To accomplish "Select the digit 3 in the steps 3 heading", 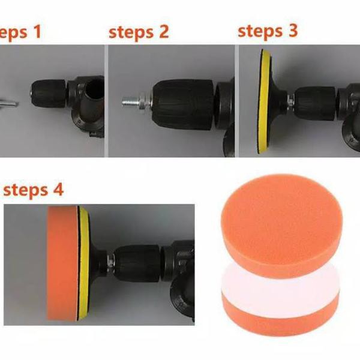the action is [x=293, y=31].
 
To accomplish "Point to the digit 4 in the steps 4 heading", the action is [x=58, y=190].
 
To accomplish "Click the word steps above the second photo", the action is [x=131, y=32].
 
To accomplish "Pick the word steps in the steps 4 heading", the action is [x=26, y=191].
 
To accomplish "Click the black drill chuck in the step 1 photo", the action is [x=49, y=94].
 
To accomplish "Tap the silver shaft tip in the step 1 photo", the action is [x=9, y=103].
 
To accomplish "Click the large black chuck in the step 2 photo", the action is [x=183, y=104].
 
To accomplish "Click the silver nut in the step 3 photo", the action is [x=290, y=100].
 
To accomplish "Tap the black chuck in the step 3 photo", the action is [x=315, y=103].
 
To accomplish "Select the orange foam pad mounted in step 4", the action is [x=62, y=263].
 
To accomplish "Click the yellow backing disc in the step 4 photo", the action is [x=83, y=263].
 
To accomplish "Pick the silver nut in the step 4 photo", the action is [x=110, y=263].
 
